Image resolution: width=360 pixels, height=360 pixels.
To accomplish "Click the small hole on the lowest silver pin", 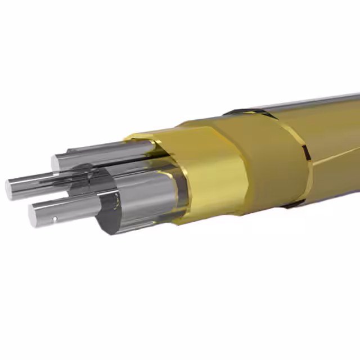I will [x=55, y=218].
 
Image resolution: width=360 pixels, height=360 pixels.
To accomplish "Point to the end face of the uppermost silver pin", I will [x=56, y=163].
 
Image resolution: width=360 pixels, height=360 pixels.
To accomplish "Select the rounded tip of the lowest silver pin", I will [x=34, y=214].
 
